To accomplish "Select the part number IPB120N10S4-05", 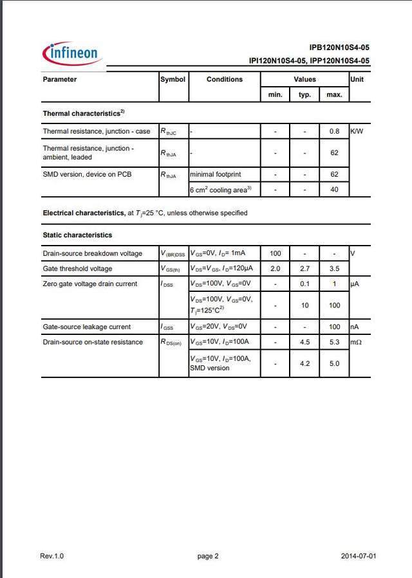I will click(x=339, y=48).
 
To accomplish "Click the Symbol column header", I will click(x=173, y=79).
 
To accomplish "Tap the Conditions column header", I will click(x=225, y=79).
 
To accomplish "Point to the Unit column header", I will click(x=357, y=79).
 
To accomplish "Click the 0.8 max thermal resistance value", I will click(x=334, y=131).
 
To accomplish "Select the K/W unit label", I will click(x=357, y=131).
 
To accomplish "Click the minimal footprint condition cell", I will click(x=215, y=174).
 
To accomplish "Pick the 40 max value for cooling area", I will click(x=334, y=190).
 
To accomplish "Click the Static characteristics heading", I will click(x=77, y=235).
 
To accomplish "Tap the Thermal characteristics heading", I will click(x=83, y=113).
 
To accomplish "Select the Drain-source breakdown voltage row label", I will click(x=92, y=253).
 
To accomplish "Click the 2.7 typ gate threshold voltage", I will click(x=305, y=269).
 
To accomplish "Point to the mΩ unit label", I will click(x=356, y=342).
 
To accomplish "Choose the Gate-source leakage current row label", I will click(x=86, y=327).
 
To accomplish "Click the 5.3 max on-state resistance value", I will click(x=334, y=342).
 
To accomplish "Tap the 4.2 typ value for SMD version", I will click(x=305, y=364).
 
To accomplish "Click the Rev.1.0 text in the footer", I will click(x=52, y=556).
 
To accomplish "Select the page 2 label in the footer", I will click(x=208, y=556).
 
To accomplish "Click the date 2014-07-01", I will click(x=359, y=556).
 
